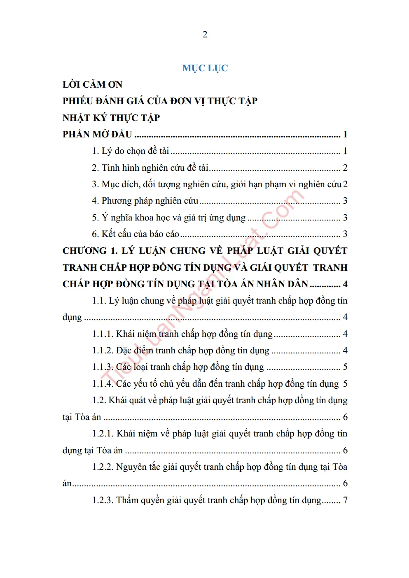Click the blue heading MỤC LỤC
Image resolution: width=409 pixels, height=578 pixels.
coord(205,68)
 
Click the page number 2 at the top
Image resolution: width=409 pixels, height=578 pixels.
coord(205,35)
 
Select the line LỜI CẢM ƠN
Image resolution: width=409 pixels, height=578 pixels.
coord(92,85)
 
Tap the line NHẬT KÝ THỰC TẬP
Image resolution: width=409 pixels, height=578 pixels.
coord(111,118)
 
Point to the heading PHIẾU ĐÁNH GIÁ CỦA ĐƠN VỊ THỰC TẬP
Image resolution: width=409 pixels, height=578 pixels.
coord(160,101)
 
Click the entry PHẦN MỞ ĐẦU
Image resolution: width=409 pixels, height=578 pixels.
coord(97,135)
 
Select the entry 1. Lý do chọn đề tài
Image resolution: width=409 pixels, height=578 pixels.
coord(131,151)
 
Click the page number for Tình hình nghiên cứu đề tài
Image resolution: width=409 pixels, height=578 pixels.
coord(345,168)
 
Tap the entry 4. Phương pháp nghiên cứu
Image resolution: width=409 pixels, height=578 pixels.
coord(145,201)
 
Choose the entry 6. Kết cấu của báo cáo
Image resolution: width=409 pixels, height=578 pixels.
coord(136,234)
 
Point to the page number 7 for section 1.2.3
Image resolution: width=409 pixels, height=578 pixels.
coord(345,500)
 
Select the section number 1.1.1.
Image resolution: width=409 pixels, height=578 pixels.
coord(103,334)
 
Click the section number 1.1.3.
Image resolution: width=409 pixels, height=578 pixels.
coord(103,367)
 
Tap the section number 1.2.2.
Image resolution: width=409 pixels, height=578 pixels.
coord(103,467)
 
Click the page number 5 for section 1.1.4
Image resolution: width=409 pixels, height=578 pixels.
coord(345,384)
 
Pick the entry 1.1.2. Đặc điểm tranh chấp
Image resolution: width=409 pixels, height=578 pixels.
coord(180,351)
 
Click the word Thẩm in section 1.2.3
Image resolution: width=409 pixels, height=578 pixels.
coord(127,500)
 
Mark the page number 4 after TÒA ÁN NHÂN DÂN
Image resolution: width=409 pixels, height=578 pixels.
coord(345,284)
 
